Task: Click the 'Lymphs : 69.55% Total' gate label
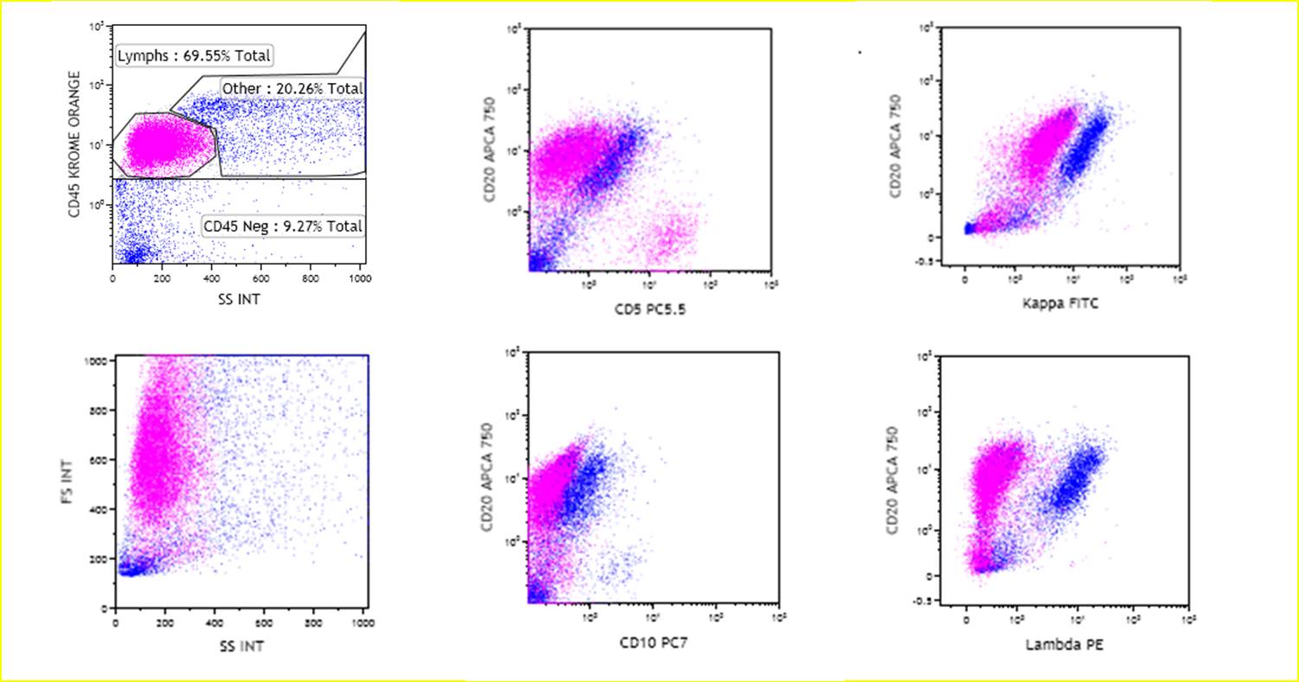(194, 57)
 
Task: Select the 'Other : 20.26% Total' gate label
(291, 88)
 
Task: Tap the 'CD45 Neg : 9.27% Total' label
(281, 227)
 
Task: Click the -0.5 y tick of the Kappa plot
(927, 262)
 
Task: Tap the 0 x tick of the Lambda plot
(966, 620)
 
